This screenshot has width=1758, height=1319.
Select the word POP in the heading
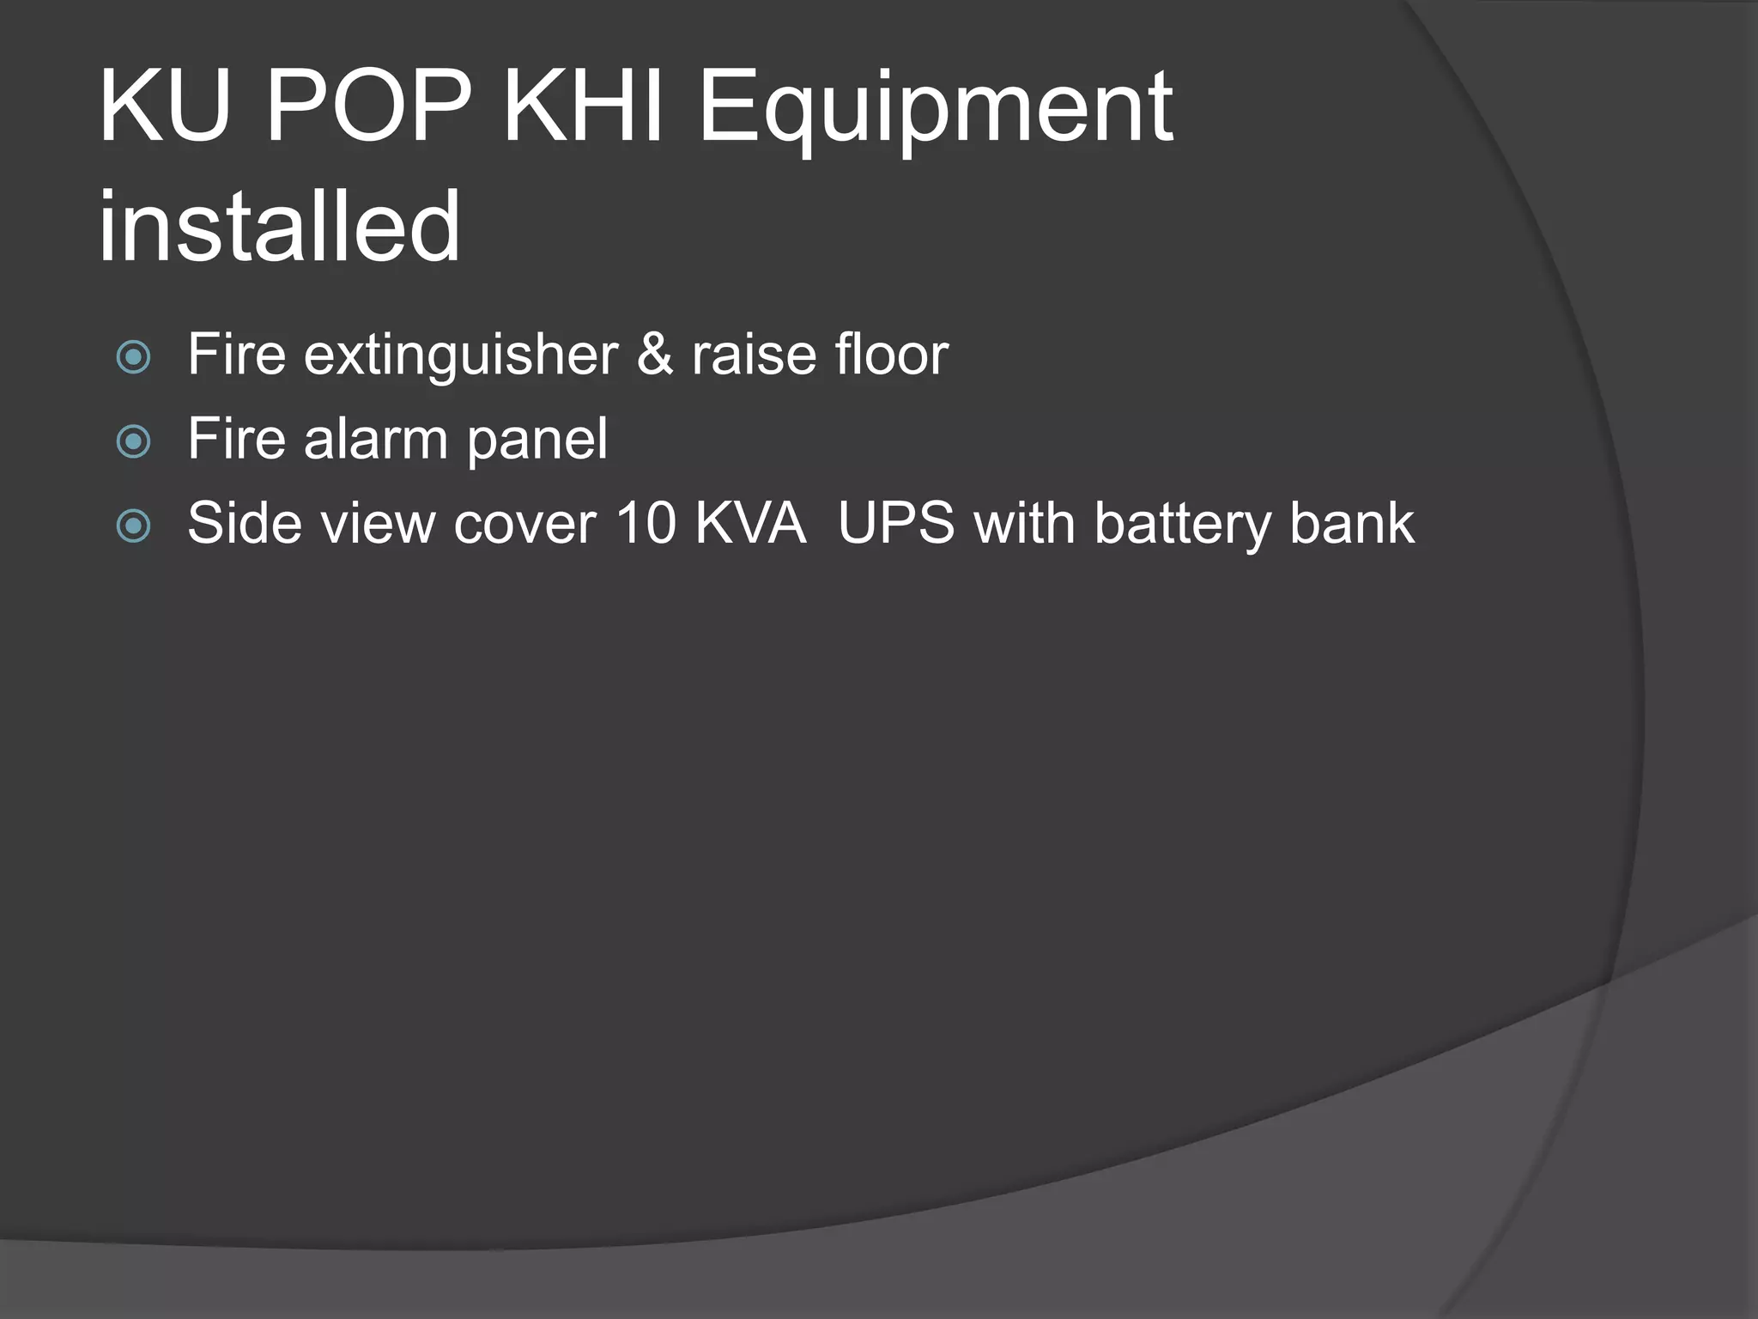click(x=368, y=107)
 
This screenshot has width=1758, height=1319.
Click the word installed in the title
click(x=280, y=227)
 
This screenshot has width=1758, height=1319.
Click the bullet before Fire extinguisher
click(x=134, y=356)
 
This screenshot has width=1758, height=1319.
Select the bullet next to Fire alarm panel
click(x=134, y=441)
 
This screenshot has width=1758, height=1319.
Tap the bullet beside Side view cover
click(x=134, y=526)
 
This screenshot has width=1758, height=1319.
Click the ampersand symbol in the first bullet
click(x=655, y=355)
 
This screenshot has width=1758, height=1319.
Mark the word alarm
click(x=375, y=439)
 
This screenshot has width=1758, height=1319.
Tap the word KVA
click(x=750, y=523)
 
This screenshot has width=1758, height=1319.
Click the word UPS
click(x=896, y=523)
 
